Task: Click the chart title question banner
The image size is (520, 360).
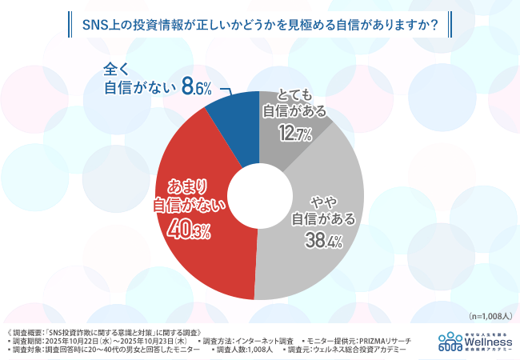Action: (260, 25)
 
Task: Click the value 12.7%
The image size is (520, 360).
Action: (294, 135)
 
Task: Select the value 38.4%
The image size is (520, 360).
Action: (322, 238)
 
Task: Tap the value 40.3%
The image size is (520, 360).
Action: (190, 232)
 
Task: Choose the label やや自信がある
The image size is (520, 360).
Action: (323, 206)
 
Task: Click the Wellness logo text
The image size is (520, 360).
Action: (487, 339)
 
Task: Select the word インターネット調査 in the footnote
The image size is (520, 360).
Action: (266, 341)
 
